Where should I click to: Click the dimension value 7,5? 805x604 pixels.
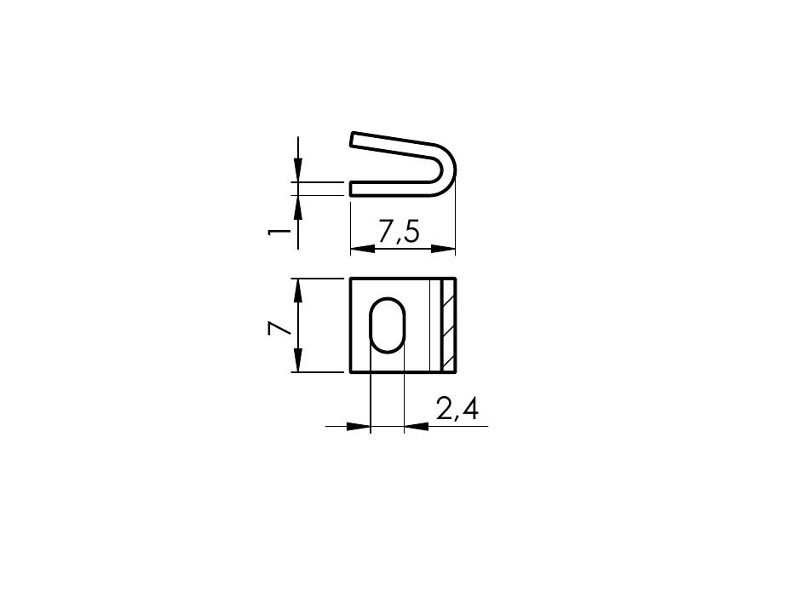click(x=399, y=232)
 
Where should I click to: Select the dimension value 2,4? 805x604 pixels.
click(x=457, y=410)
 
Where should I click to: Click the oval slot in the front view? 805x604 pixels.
click(x=388, y=325)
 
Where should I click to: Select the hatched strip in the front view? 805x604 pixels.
click(x=448, y=325)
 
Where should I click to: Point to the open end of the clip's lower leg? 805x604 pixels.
click(x=351, y=188)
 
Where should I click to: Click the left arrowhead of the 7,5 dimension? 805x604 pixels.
click(x=362, y=249)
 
